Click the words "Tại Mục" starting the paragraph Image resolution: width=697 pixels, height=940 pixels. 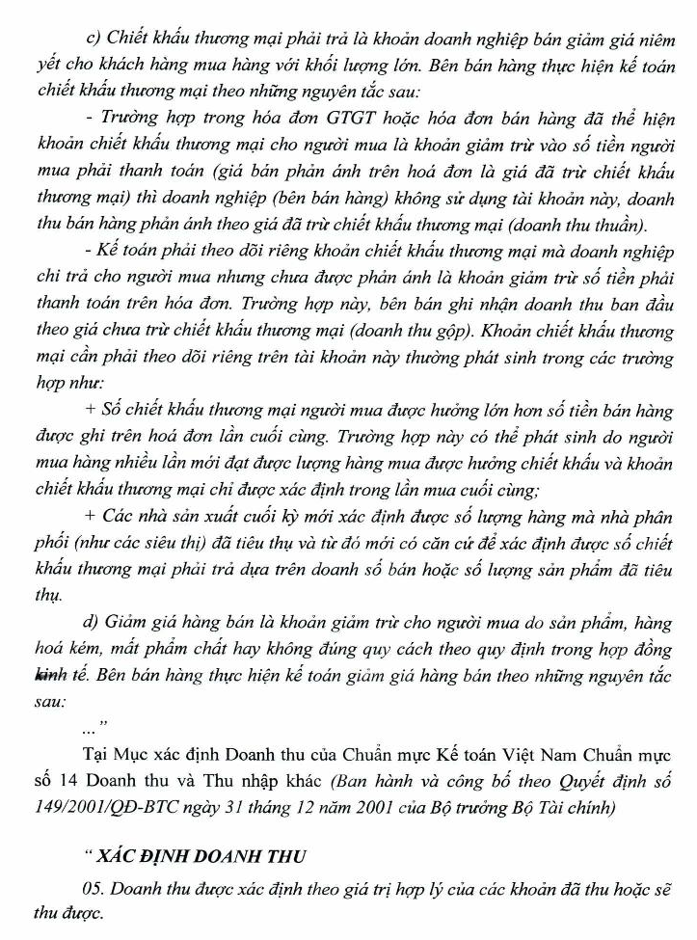pyautogui.click(x=115, y=752)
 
